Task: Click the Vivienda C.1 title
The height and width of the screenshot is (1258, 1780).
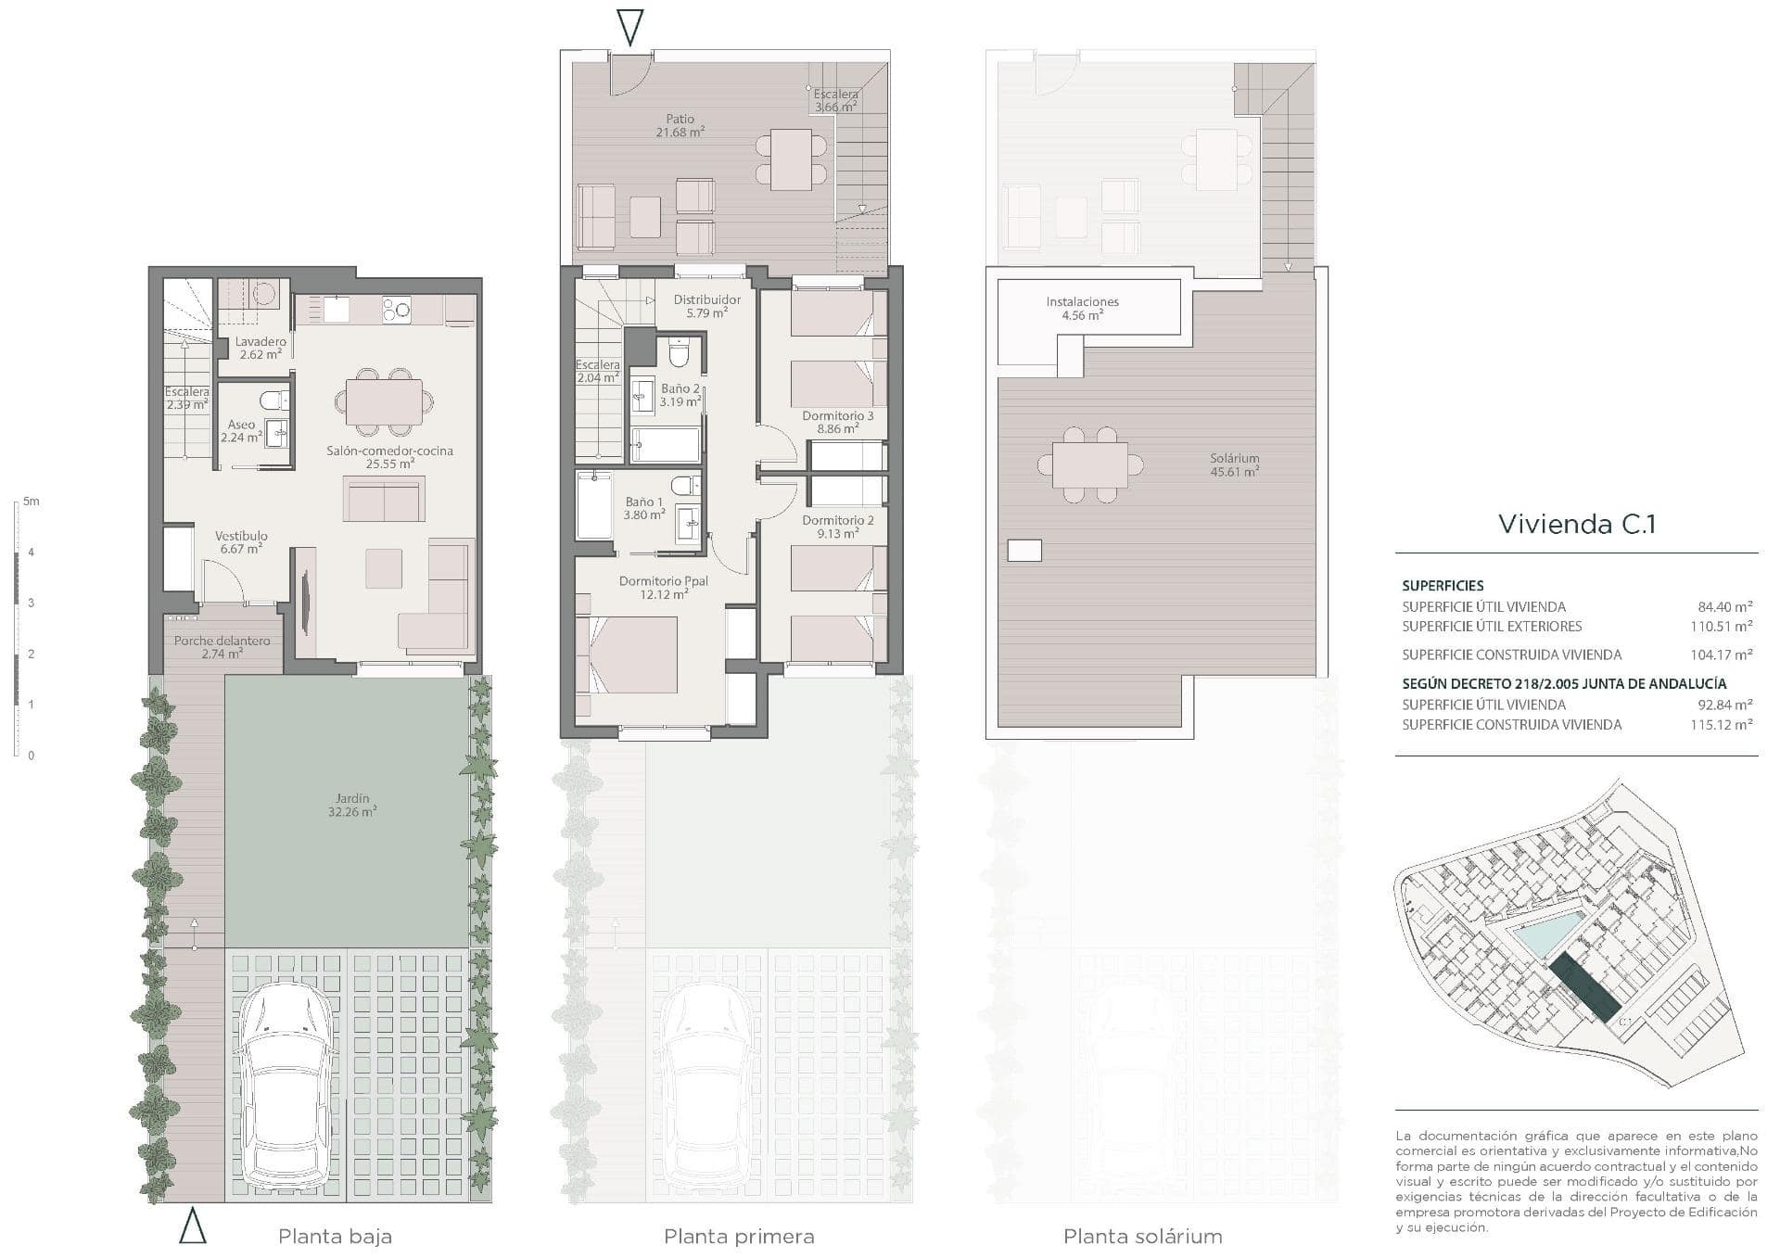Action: (x=1577, y=524)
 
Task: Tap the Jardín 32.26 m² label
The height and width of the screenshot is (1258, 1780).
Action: (x=352, y=805)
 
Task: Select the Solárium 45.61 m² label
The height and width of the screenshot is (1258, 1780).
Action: (x=1234, y=464)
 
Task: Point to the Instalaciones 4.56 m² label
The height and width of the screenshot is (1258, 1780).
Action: (x=1082, y=308)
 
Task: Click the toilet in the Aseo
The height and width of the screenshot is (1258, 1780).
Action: (x=273, y=400)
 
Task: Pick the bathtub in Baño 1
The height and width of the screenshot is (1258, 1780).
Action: (x=593, y=505)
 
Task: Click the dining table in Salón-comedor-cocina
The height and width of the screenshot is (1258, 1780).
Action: (x=384, y=402)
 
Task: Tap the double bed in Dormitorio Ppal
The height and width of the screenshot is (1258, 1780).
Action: (x=627, y=654)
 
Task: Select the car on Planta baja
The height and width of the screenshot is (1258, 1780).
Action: (x=285, y=1090)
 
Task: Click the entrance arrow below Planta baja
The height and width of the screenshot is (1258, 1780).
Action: (x=192, y=1225)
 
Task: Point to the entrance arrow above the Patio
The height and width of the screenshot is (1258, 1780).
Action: (x=629, y=27)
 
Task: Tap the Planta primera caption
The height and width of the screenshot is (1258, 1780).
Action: (x=739, y=1237)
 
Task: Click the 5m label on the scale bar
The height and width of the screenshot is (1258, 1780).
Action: (x=32, y=502)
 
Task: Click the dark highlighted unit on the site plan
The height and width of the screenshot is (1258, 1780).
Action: (x=1585, y=988)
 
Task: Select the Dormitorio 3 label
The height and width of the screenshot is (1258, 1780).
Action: (x=837, y=416)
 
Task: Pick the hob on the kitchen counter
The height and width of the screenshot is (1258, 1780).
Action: (x=397, y=310)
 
